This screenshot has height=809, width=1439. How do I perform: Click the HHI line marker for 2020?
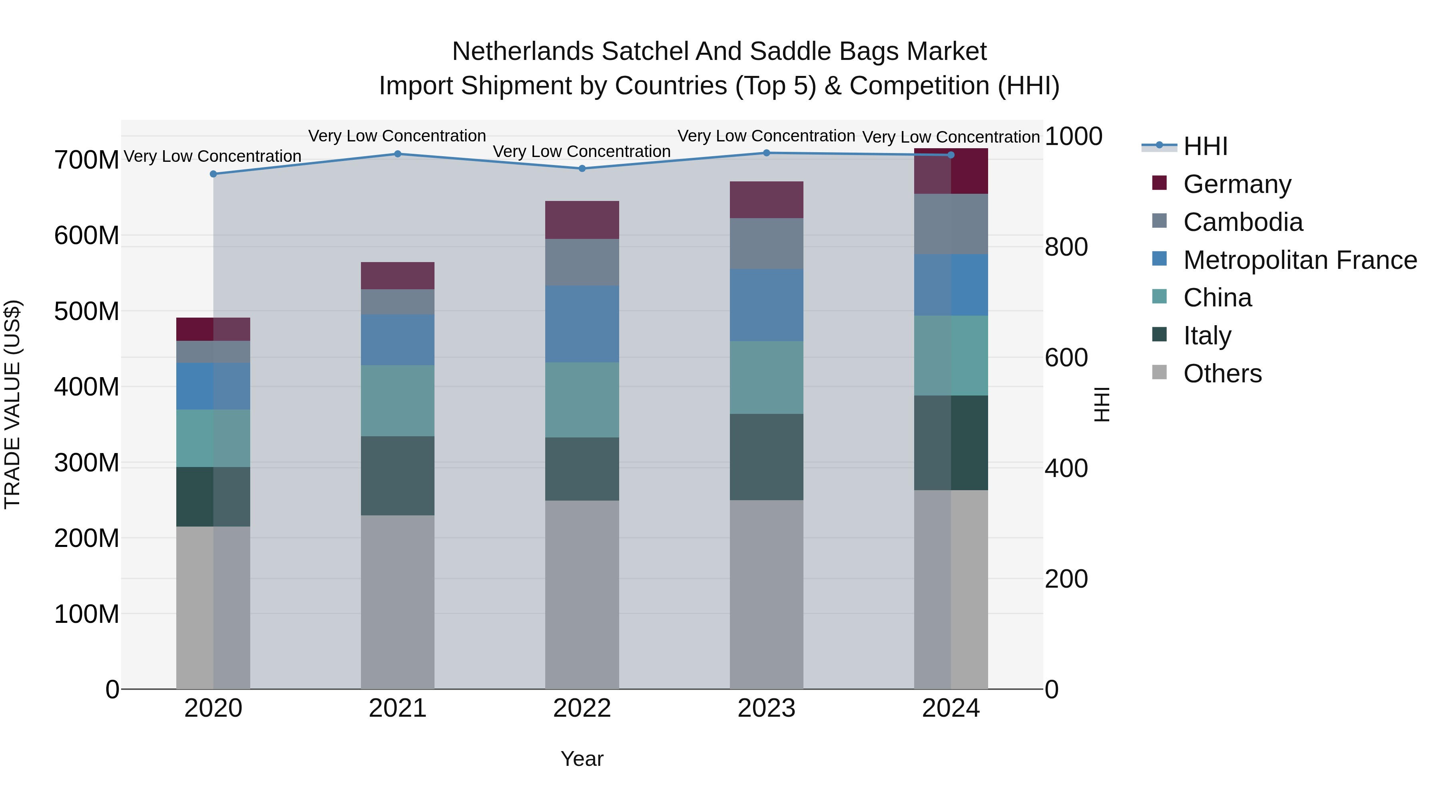pos(213,174)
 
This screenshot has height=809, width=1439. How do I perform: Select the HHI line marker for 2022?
pos(582,169)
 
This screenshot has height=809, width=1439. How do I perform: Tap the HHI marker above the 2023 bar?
pos(766,153)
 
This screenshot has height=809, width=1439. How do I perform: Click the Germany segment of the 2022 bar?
pos(582,220)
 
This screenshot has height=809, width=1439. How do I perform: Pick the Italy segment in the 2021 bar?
pos(397,476)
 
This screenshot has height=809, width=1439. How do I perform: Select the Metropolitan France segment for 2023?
pos(766,305)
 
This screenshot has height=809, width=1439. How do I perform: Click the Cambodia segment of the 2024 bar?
pos(951,224)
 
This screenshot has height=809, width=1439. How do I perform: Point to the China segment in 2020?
pos(213,438)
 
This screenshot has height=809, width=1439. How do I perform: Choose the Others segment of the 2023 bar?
pos(766,594)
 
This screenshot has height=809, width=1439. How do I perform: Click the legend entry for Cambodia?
pos(1242,222)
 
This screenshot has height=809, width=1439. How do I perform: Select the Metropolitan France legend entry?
pos(1299,260)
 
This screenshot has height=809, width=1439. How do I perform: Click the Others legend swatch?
pos(1159,372)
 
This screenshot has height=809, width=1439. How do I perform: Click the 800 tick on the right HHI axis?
pos(1066,247)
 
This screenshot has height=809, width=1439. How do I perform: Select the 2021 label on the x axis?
pos(397,708)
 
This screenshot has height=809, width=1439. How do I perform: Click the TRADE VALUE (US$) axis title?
pos(12,404)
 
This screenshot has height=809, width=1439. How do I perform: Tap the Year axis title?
pos(582,759)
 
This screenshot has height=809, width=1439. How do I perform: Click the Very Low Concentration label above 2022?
pos(582,151)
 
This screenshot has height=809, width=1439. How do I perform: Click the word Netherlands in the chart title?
pos(522,52)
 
